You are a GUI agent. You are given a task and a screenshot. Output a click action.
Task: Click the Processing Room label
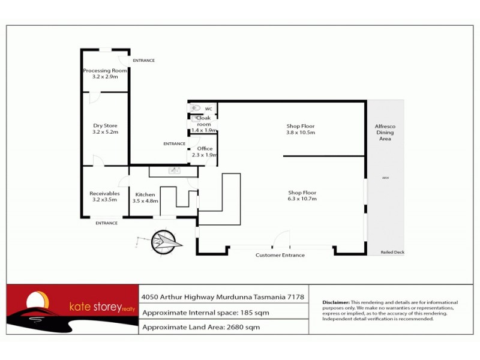click(105, 70)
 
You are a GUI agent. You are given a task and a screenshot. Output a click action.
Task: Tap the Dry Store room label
click(105, 125)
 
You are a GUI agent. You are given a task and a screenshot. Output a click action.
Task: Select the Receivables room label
click(104, 193)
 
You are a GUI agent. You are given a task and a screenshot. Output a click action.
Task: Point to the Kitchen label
click(145, 194)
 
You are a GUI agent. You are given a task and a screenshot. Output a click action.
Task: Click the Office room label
click(204, 148)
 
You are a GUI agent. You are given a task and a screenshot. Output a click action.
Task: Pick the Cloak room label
click(204, 121)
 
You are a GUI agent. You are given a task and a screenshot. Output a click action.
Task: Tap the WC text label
click(209, 109)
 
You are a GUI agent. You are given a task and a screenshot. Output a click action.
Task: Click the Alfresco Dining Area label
click(385, 133)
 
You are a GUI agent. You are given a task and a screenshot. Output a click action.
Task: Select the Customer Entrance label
click(280, 255)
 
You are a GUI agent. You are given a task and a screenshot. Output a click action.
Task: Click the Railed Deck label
click(392, 252)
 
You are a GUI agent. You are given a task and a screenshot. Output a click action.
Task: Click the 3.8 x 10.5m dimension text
click(301, 133)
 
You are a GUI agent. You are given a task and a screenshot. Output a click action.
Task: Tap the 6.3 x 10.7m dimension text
click(302, 199)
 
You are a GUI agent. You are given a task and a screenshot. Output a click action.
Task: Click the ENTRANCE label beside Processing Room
click(143, 61)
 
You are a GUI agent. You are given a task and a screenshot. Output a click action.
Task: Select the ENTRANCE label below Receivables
click(106, 223)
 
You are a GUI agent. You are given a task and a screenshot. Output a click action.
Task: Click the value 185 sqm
click(257, 313)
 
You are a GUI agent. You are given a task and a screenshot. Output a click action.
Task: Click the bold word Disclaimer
click(336, 302)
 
